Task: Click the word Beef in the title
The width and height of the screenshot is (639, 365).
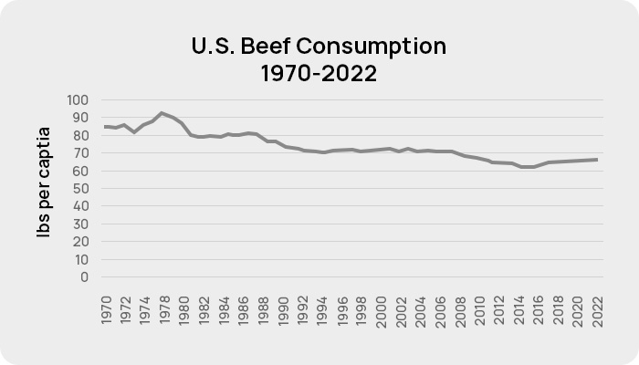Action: coord(266,46)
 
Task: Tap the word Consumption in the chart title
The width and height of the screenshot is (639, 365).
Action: coord(371,47)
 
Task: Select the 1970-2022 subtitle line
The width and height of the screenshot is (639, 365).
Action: coord(319,74)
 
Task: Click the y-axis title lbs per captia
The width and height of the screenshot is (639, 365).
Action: coord(44,182)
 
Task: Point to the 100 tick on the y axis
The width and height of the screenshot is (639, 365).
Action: coord(78,99)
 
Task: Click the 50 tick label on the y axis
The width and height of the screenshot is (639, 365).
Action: coord(81,189)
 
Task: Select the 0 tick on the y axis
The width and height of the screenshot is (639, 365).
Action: coord(84,277)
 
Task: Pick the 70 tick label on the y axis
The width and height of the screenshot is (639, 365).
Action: coord(81,153)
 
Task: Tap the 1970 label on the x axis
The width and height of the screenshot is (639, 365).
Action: coord(107,310)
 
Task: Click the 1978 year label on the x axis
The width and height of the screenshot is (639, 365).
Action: coord(165,310)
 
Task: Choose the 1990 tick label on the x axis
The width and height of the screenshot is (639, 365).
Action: coord(283,311)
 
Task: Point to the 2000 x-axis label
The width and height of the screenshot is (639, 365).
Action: coord(382,312)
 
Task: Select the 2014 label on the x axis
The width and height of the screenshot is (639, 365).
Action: coord(519,310)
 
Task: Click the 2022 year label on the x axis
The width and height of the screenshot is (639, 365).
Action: coord(597,312)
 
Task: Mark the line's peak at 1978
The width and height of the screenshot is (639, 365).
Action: coord(162,113)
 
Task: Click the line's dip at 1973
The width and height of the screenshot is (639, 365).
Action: coord(134,132)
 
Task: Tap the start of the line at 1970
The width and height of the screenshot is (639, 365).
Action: coord(105,127)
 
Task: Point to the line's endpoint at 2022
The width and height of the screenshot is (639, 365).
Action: coord(597,160)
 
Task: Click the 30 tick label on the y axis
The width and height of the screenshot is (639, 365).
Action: coord(81,224)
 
